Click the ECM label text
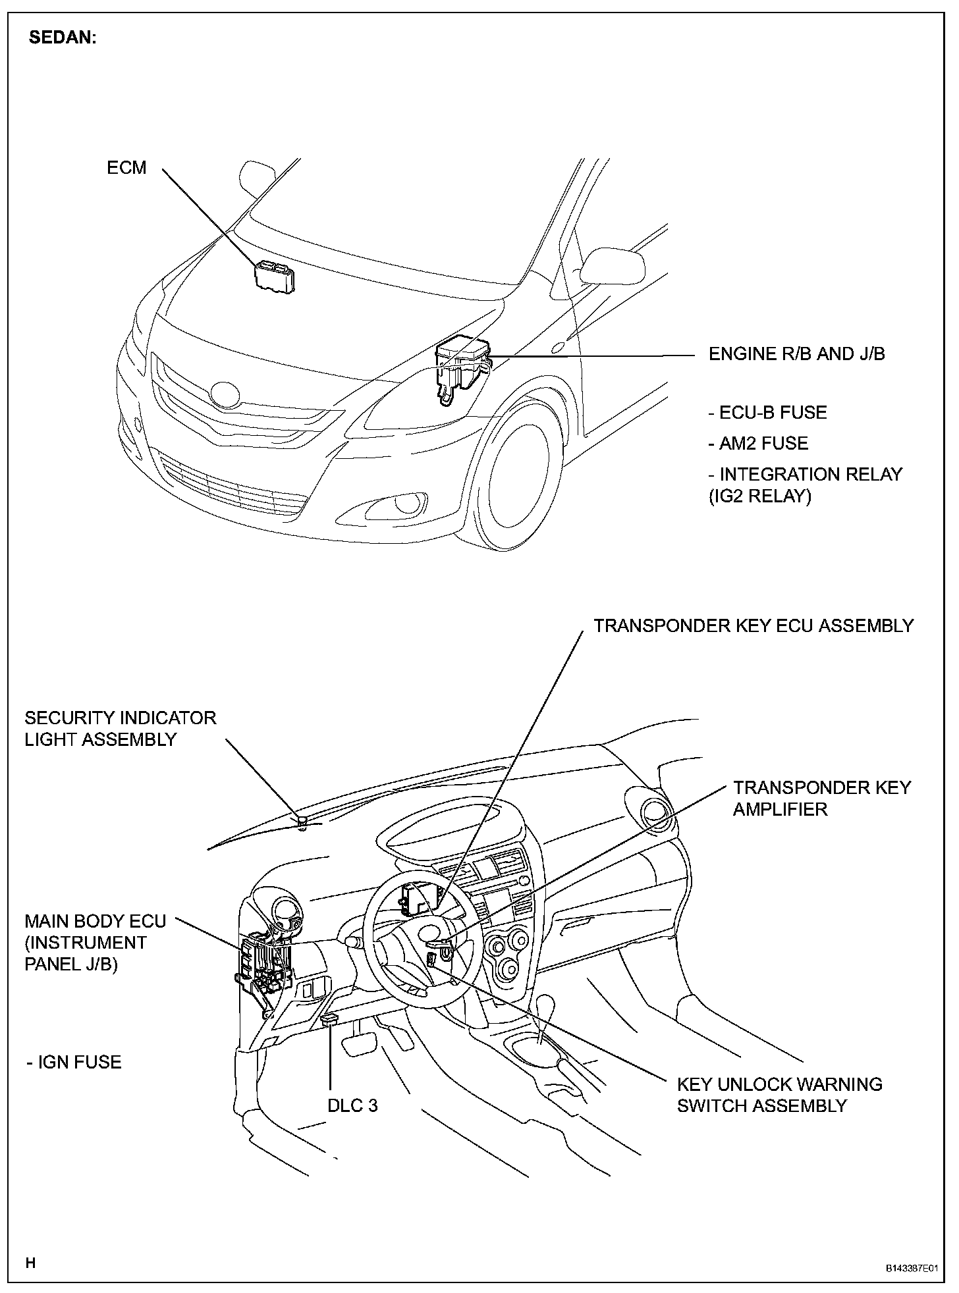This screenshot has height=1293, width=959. (126, 168)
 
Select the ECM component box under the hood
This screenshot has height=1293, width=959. (275, 276)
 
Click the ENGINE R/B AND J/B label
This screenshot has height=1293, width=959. (796, 354)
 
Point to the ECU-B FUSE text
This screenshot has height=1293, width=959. (767, 413)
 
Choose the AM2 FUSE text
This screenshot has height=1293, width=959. (758, 443)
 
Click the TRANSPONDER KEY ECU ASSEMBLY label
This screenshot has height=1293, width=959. (753, 625)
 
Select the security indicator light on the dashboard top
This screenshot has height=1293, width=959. (302, 821)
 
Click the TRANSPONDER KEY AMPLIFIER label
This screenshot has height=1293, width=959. (821, 798)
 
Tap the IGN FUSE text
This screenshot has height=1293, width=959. (74, 1062)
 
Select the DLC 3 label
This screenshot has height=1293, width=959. (352, 1105)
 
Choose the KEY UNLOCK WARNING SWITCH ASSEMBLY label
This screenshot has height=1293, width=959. (779, 1095)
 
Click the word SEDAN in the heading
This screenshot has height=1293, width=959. (63, 38)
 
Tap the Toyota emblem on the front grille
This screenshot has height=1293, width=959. (225, 394)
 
